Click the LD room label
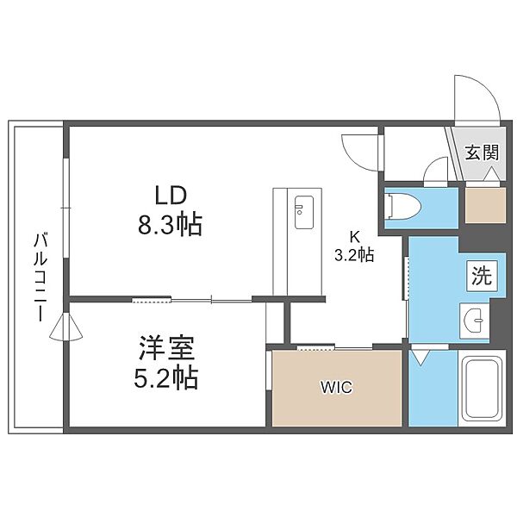171,195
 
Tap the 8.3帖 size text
170,224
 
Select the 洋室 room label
167,348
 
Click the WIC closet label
337,387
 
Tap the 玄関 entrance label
482,153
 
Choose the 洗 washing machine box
482,276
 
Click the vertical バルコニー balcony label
40,277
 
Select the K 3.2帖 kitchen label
354,246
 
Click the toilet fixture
402,207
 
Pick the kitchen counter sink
303,212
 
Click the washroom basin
475,320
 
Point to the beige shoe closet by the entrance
485,205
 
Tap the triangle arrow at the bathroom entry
420,357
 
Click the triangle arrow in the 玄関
491,174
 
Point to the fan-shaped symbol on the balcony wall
66,327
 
